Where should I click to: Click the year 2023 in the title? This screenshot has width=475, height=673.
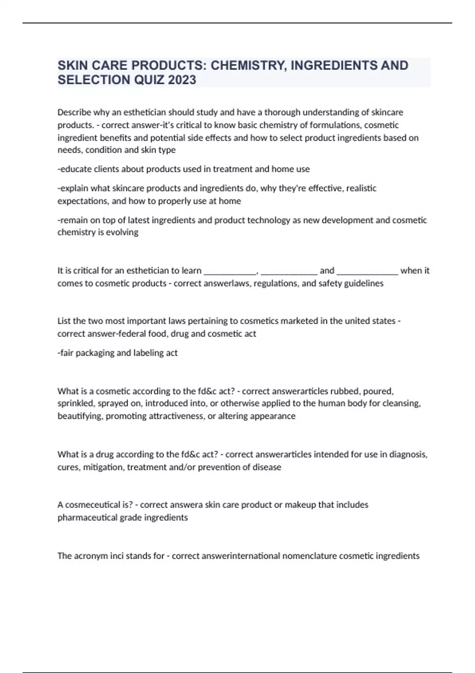pyautogui.click(x=182, y=80)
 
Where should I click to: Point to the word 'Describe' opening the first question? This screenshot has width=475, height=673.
pyautogui.click(x=74, y=112)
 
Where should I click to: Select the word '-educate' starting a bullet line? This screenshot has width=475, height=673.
pyautogui.click(x=74, y=169)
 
